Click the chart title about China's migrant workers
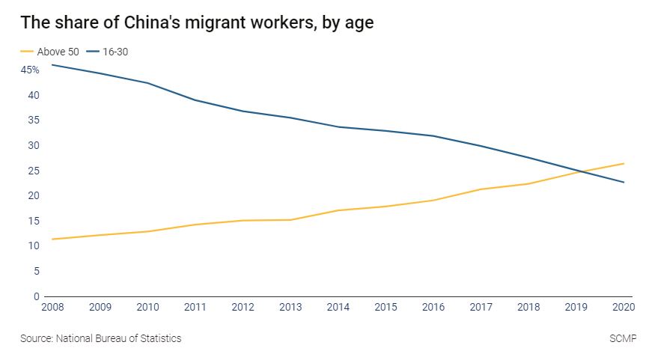coord(196,22)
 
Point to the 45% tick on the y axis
coord(30,70)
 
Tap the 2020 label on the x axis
coord(624,308)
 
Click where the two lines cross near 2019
coord(581,172)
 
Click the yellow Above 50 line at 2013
coord(290,220)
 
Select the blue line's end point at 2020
coord(624,182)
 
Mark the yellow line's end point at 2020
coord(624,163)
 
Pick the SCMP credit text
coord(623,338)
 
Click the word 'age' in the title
coord(358,24)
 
